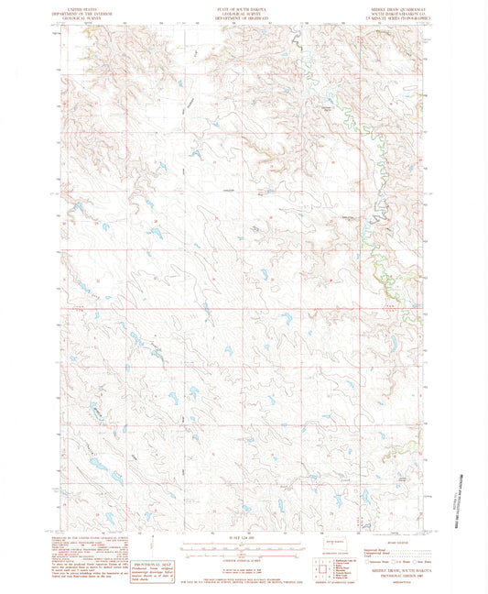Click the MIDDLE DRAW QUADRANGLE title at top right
point(395,5)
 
